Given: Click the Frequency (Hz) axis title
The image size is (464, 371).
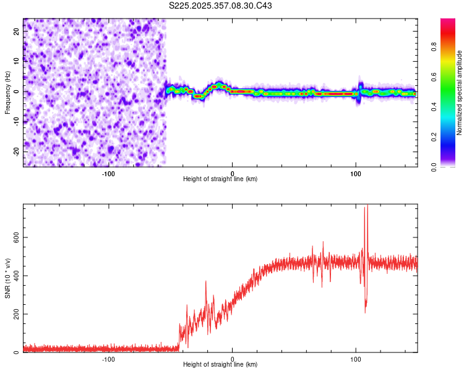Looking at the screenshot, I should (7, 92).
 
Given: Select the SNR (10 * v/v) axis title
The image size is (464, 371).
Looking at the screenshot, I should (7, 278).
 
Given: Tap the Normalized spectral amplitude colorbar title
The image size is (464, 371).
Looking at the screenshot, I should (460, 93).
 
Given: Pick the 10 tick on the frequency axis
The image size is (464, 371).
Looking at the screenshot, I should (17, 61).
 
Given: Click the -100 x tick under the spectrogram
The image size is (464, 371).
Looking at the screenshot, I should (108, 173).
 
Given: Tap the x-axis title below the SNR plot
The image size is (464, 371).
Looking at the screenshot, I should (220, 365).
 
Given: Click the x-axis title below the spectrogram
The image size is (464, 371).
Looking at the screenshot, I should (220, 179).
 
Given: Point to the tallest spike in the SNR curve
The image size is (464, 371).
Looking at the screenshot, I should (367, 206).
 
